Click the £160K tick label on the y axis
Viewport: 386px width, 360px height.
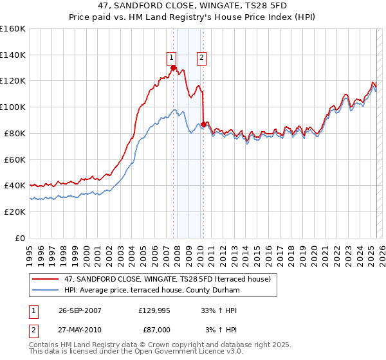(13, 29)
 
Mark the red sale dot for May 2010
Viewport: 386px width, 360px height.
(204, 124)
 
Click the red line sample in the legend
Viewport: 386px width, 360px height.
(46, 279)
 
